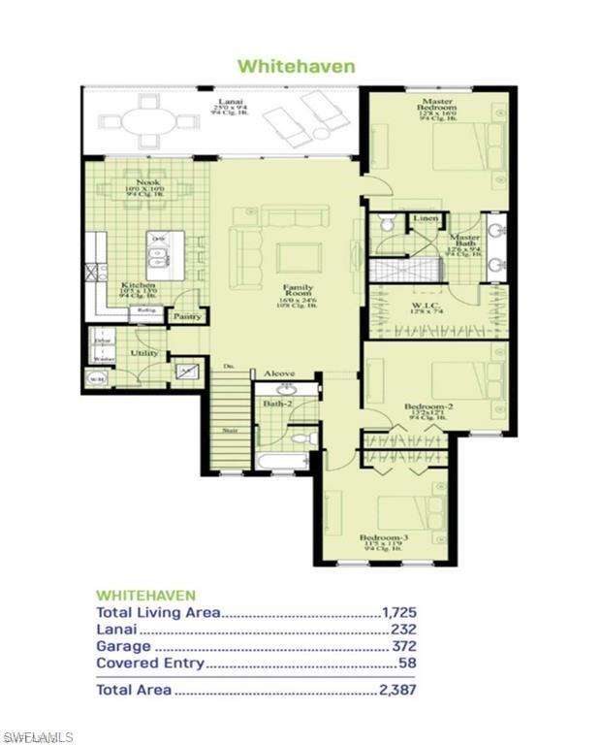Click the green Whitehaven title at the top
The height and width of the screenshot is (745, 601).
[297, 66]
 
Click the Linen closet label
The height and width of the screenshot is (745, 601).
[425, 220]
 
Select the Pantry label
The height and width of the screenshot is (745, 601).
[185, 316]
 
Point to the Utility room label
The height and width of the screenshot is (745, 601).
[144, 354]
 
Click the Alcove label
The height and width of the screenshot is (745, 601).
[278, 373]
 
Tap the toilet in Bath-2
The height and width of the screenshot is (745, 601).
[302, 440]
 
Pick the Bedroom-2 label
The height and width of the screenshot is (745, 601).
[424, 407]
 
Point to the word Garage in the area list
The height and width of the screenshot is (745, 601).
[123, 646]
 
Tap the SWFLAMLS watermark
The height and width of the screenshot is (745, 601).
[38, 737]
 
